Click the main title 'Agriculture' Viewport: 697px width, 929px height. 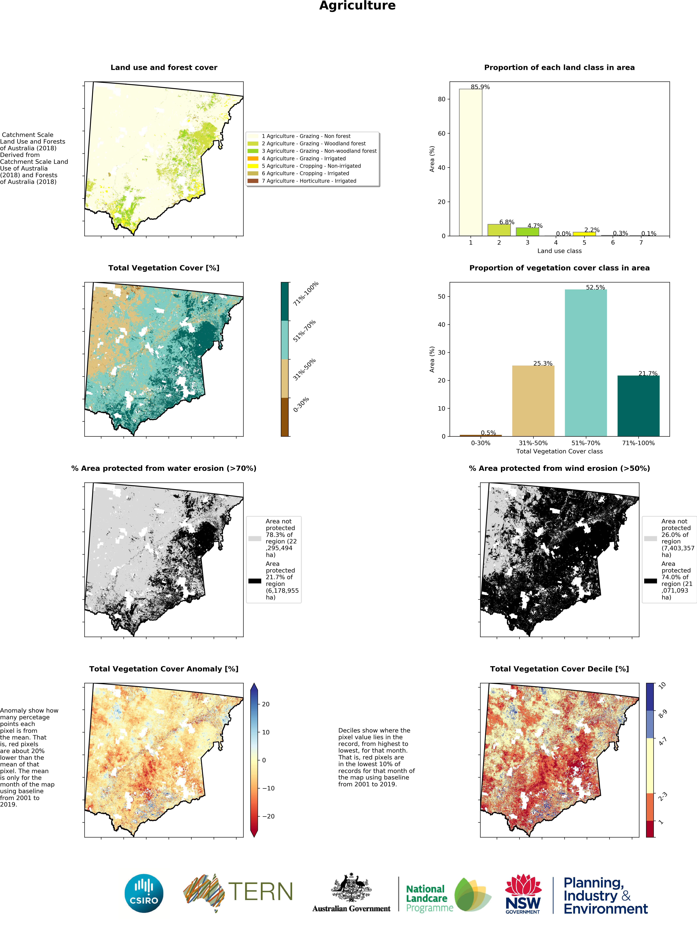tap(357, 6)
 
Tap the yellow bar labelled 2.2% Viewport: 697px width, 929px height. tap(584, 234)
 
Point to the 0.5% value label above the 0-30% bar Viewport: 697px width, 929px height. tap(488, 433)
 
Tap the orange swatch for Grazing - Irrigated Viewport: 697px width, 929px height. tap(253, 158)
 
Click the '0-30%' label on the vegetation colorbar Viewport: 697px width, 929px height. tap(301, 405)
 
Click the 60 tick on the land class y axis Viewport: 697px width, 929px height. tap(441, 134)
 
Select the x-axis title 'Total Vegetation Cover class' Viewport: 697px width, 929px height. tap(559, 451)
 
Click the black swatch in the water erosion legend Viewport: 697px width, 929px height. tap(254, 581)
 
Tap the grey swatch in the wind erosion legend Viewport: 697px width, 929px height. tap(650, 538)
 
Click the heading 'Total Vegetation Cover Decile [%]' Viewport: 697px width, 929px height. tap(559, 669)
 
